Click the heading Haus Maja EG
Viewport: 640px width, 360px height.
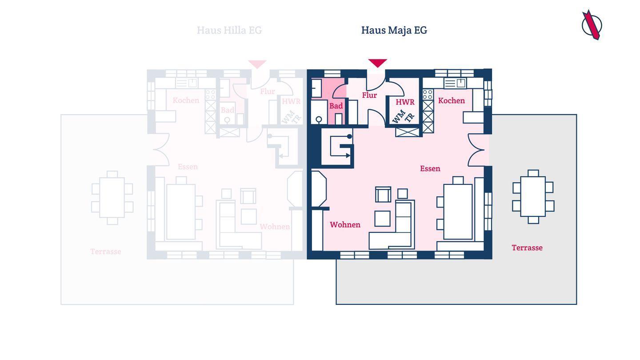(394, 30)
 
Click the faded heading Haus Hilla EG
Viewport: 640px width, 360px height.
(229, 30)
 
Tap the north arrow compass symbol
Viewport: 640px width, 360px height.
(592, 25)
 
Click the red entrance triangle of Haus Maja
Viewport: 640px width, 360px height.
(377, 63)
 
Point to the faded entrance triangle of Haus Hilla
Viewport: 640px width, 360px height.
(257, 64)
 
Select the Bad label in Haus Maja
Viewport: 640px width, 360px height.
(336, 106)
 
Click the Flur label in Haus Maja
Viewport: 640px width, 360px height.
(369, 95)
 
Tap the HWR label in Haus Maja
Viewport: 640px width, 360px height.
(405, 102)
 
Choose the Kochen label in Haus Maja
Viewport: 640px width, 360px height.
(451, 100)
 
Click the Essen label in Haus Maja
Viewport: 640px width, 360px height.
(430, 168)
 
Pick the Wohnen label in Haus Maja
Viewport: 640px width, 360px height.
(345, 224)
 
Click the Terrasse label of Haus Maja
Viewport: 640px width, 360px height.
(527, 248)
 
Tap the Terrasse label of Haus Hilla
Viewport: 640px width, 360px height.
(106, 252)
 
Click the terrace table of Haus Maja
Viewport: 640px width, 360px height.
(533, 196)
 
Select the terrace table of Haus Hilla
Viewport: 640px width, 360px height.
(112, 197)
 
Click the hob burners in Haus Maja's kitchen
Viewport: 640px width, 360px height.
(428, 94)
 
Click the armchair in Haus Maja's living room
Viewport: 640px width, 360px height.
(383, 194)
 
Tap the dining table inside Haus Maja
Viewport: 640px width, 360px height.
(458, 212)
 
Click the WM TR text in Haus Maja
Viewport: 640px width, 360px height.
(403, 117)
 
